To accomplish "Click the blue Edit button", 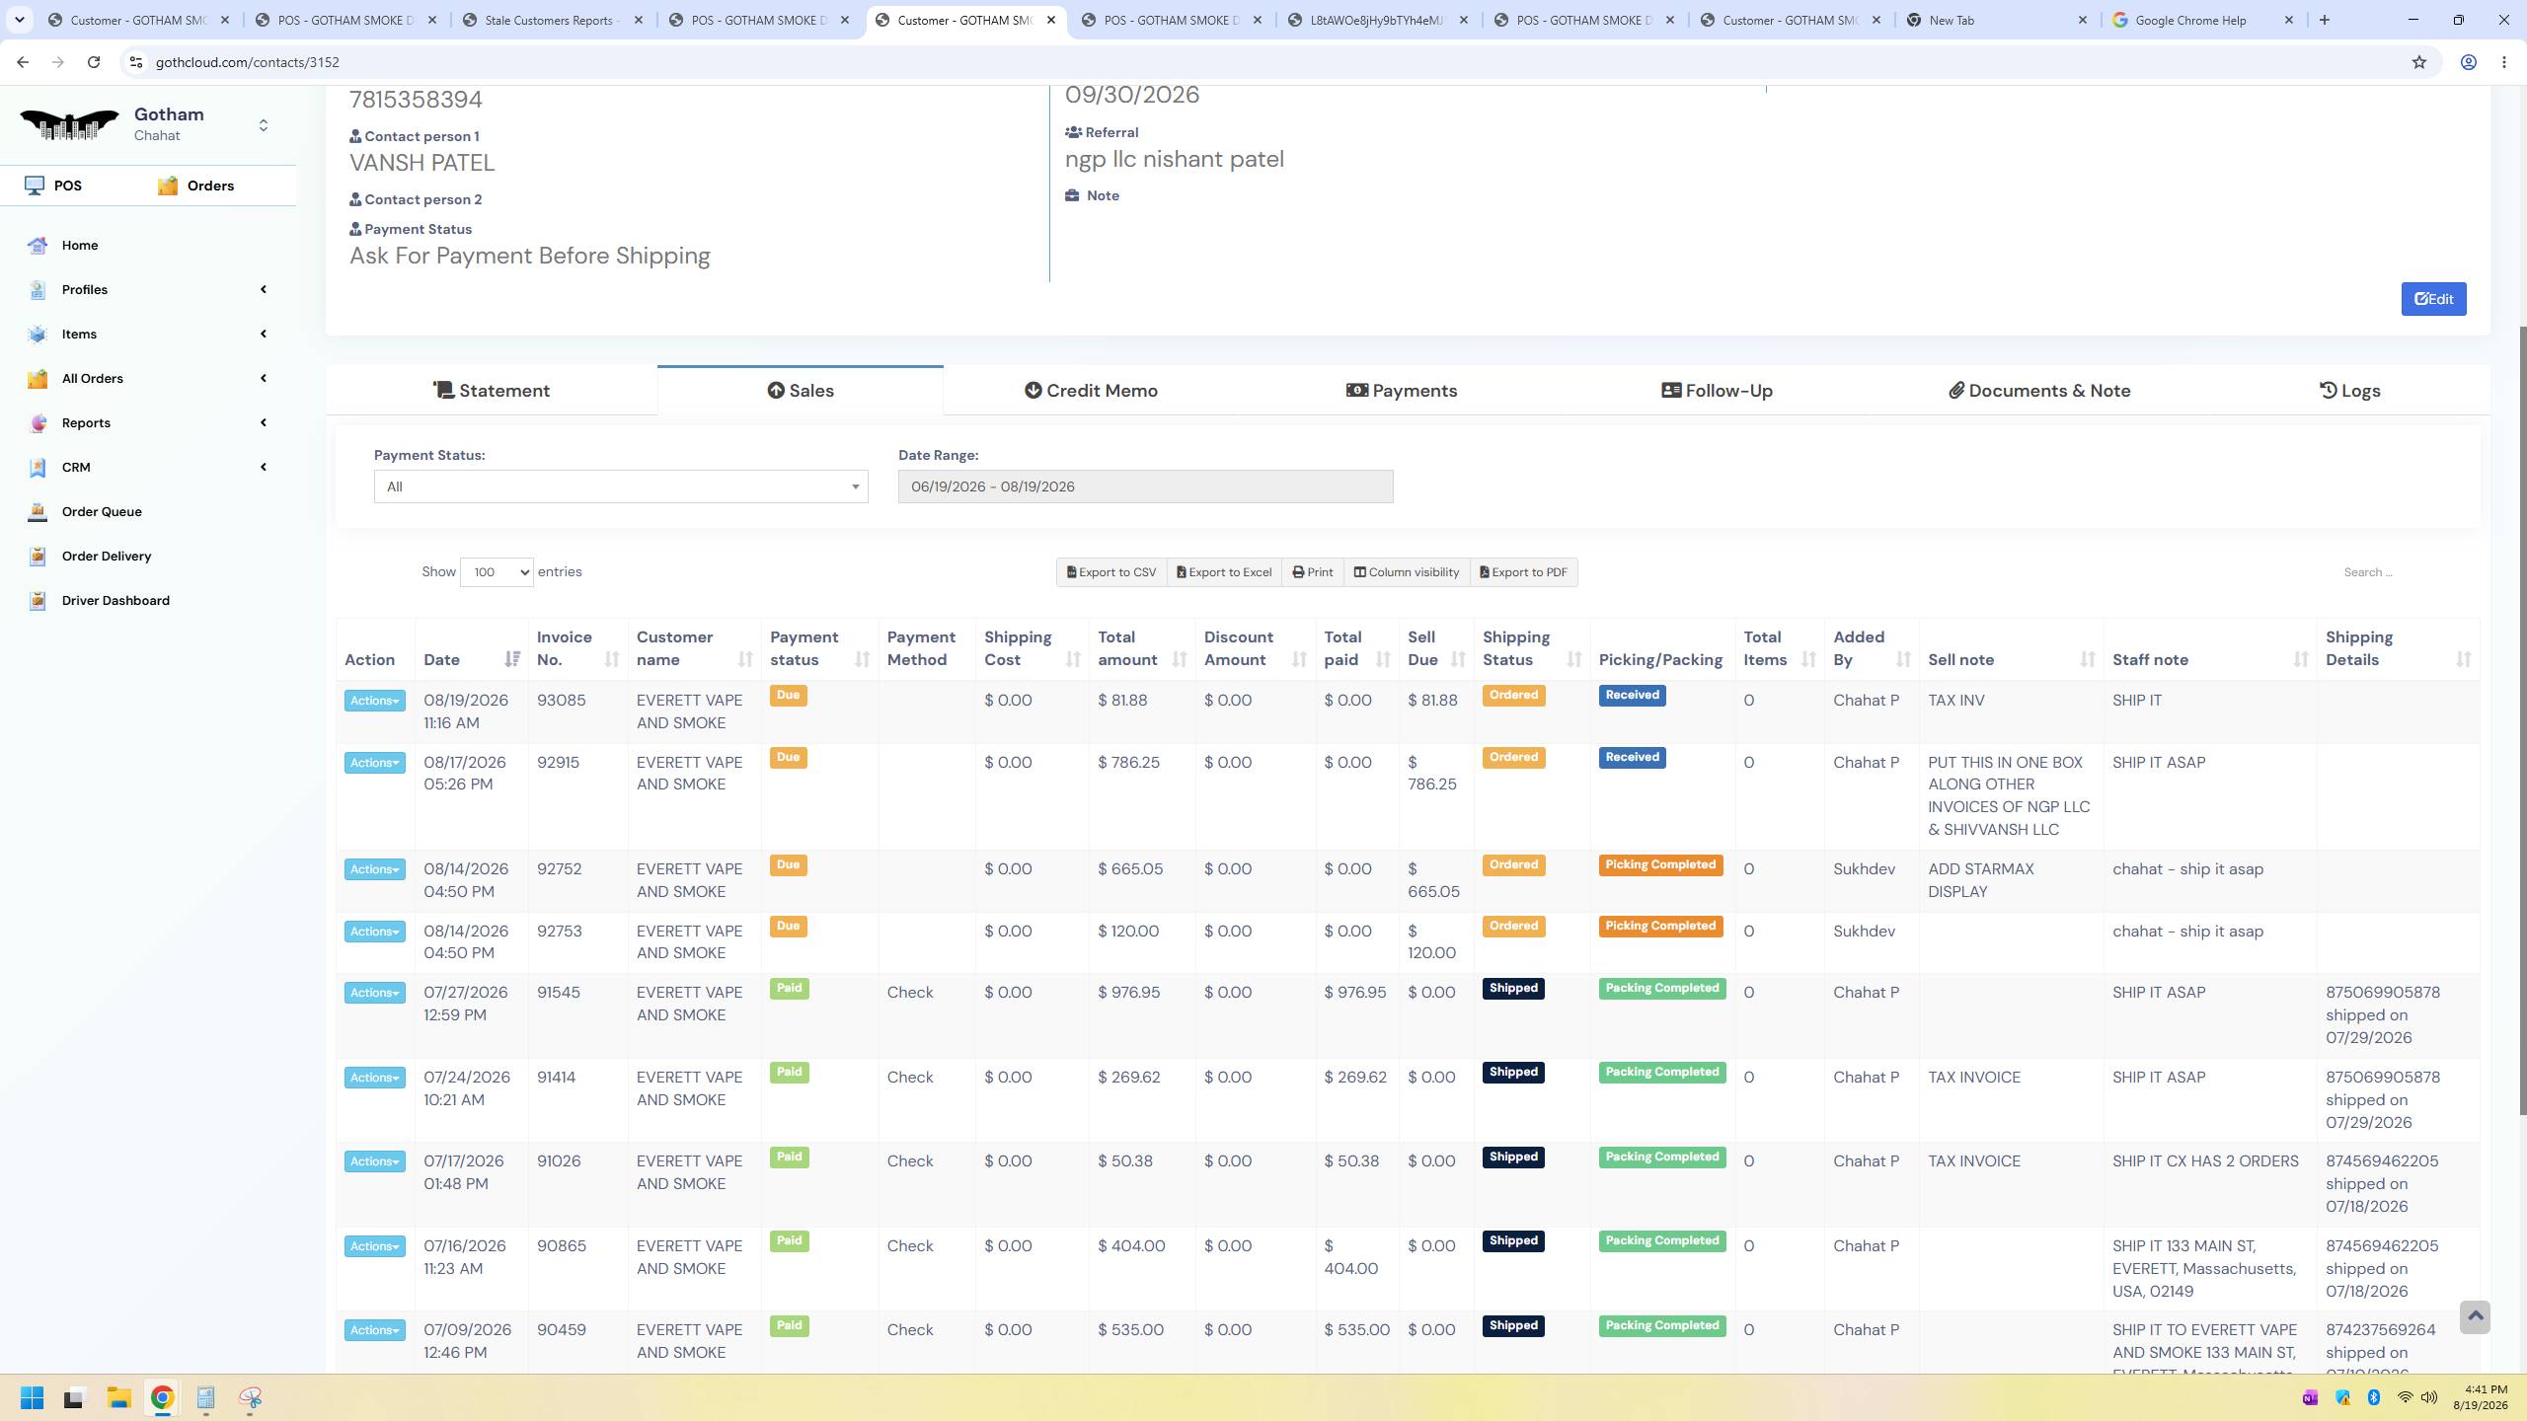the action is tap(2433, 299).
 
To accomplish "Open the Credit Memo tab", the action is tap(1091, 391).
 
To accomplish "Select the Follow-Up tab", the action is tap(1717, 391).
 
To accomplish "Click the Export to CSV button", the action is tap(1111, 572).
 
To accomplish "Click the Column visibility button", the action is tap(1406, 572).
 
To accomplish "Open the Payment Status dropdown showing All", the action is tap(621, 486).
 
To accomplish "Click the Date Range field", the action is tap(1145, 486).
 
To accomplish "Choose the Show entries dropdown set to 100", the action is tap(497, 572).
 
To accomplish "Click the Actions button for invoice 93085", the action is tap(374, 701).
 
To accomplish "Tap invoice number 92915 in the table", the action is tap(558, 763).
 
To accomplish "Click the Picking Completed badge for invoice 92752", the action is tap(1660, 865).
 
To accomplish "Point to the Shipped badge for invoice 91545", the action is tap(1513, 989).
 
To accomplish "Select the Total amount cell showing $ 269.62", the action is tap(1128, 1078).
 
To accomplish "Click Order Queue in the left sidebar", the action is tap(102, 511).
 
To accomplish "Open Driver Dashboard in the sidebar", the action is tap(115, 600).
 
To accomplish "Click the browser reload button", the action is tap(94, 62).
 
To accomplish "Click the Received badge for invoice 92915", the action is tap(1632, 758).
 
